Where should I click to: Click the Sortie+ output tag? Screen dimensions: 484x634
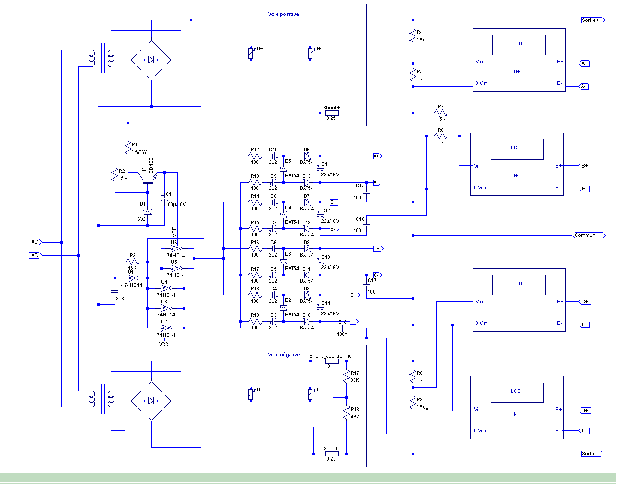coord(592,20)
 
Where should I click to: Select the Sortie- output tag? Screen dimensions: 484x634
coord(592,454)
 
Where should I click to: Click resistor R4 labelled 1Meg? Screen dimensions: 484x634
coord(413,34)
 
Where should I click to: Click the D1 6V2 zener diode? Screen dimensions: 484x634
coord(148,212)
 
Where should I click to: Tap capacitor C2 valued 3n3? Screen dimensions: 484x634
coord(115,292)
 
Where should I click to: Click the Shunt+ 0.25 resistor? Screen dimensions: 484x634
coord(331,113)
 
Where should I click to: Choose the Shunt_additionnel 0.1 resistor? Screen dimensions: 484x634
coord(331,361)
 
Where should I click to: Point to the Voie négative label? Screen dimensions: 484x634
coord(281,354)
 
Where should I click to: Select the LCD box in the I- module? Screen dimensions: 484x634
coord(515,391)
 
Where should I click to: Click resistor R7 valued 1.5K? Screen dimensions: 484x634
coord(441,113)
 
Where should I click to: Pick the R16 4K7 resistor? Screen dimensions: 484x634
coord(346,413)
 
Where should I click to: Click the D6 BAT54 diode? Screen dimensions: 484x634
coord(307,155)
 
